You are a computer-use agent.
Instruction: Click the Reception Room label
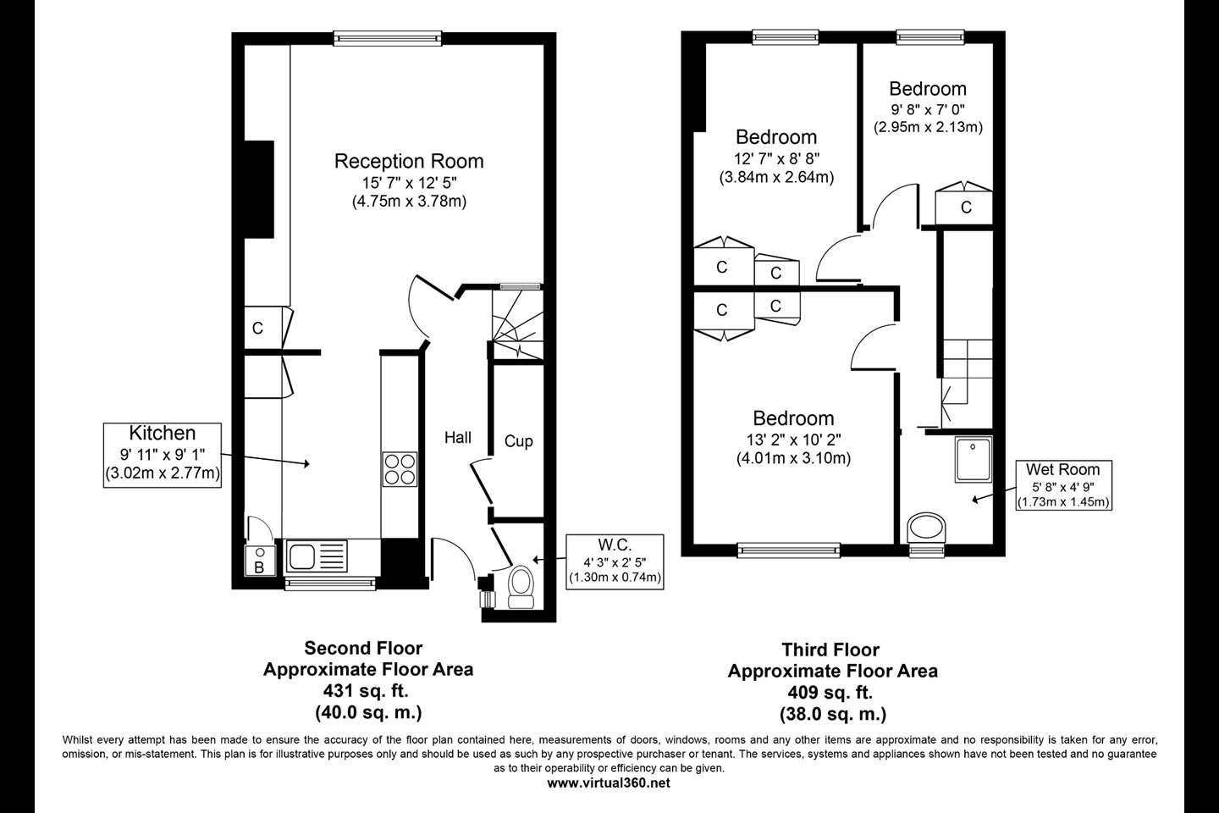click(x=409, y=161)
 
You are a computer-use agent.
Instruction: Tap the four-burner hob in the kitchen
click(x=400, y=469)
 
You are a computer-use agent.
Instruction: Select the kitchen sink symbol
click(x=317, y=556)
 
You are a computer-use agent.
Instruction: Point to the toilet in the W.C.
click(x=520, y=585)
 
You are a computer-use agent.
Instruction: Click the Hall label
click(x=458, y=438)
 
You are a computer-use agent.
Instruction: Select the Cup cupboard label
click(x=518, y=441)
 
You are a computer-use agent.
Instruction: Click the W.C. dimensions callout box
click(x=615, y=561)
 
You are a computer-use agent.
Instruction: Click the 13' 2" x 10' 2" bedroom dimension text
click(x=793, y=440)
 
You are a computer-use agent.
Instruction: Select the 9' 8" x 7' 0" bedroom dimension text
click(x=928, y=109)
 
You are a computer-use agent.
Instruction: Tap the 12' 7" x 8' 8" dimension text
click(x=776, y=158)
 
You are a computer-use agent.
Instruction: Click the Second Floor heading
click(x=363, y=649)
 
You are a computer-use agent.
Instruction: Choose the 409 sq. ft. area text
click(x=833, y=693)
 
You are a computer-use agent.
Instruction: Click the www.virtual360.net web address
click(x=609, y=783)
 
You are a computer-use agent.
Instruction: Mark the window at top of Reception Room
click(x=387, y=37)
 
